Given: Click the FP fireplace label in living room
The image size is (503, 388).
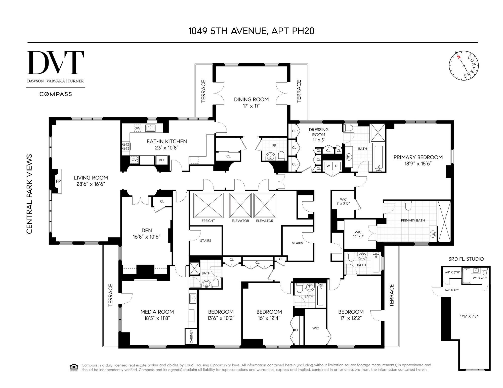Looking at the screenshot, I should [x=58, y=181].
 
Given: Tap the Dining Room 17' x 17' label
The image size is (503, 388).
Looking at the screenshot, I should [x=251, y=102].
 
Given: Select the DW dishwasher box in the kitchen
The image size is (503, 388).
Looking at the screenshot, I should [x=137, y=128].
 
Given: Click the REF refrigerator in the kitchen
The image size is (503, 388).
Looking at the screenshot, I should [x=162, y=160].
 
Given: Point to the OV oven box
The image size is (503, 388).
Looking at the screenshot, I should [x=134, y=160].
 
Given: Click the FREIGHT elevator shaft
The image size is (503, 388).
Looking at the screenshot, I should [x=208, y=205].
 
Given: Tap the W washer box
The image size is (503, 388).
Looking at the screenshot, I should [x=328, y=166].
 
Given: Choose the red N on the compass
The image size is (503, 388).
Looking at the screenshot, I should [x=458, y=57].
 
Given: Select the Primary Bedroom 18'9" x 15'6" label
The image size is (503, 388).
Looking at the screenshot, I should [x=418, y=160].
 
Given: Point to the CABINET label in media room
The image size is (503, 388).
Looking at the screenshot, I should [x=191, y=337].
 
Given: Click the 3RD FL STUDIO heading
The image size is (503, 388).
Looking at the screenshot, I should [x=466, y=259].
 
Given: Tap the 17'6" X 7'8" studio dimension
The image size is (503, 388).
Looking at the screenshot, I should [x=469, y=316].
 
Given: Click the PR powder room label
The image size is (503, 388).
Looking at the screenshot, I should [x=274, y=145].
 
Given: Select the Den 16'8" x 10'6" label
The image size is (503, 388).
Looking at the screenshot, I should [x=147, y=233].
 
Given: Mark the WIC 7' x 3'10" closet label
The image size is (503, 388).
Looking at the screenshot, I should [x=343, y=201].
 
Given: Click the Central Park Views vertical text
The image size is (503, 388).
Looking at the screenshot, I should [x=29, y=194].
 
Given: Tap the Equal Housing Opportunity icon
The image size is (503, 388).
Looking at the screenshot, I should [x=74, y=367].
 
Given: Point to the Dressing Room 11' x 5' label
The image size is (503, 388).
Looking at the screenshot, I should [x=318, y=135].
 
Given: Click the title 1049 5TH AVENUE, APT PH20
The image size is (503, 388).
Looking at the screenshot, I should [x=251, y=31].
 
